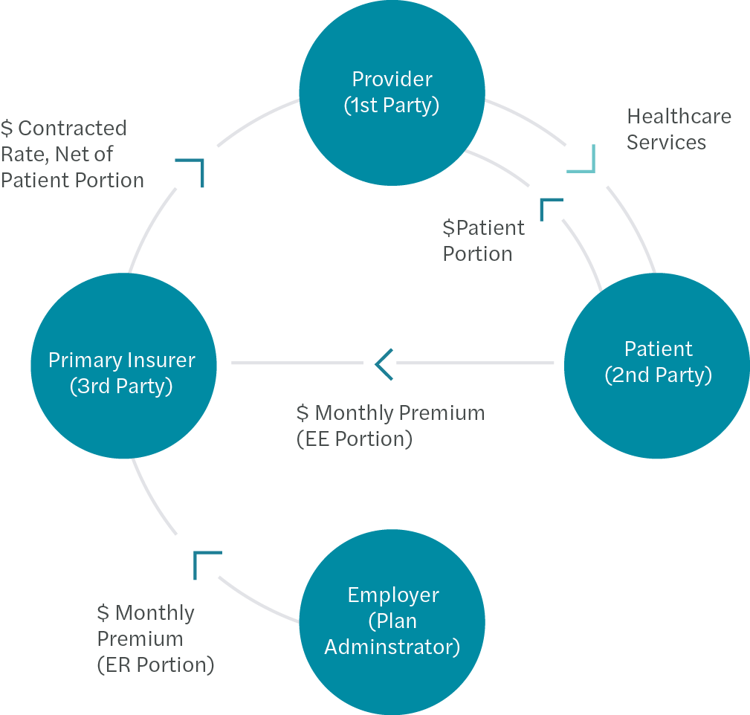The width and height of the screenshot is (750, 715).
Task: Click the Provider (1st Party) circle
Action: coord(392,92)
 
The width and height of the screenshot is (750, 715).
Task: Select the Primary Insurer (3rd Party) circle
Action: coord(123,365)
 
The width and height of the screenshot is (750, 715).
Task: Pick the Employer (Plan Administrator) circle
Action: coord(392,621)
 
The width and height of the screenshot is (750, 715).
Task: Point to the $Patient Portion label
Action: coord(483,240)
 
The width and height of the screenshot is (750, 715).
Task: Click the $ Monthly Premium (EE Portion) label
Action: coord(389,425)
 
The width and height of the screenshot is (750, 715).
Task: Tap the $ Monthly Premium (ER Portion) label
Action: coord(155,638)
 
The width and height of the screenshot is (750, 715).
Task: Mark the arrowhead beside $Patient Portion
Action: coord(549,207)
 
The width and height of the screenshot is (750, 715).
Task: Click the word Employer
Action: coord(393,595)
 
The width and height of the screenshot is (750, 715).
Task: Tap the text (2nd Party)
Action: coord(658,375)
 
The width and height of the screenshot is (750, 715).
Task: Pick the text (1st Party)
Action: coord(392,106)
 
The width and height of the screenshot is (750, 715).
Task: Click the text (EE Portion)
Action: coord(354,439)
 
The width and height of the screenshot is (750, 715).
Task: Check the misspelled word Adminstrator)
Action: coord(392,647)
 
